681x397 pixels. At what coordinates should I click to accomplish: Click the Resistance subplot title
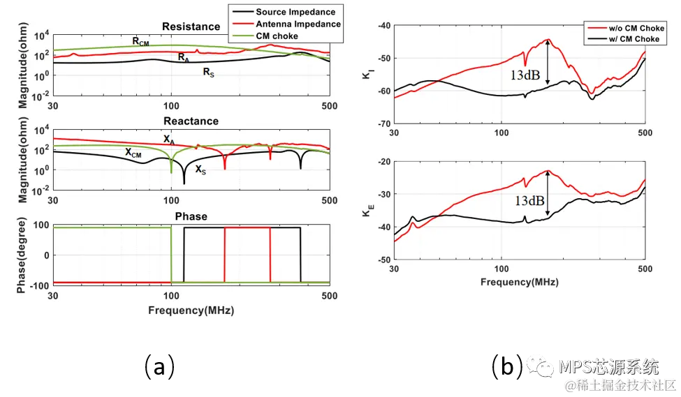(x=191, y=27)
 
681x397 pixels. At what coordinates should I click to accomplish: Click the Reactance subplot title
(x=191, y=121)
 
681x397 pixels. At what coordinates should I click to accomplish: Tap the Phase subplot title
(x=191, y=216)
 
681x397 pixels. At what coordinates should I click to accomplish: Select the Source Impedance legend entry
(x=295, y=12)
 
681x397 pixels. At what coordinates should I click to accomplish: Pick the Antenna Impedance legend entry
(x=298, y=24)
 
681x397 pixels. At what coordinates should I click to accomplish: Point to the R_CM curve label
(x=140, y=41)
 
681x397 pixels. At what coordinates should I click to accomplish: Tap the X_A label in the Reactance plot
(x=170, y=140)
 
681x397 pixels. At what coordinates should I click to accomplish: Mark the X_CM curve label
(x=133, y=152)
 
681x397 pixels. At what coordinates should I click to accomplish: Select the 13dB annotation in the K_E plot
(x=530, y=200)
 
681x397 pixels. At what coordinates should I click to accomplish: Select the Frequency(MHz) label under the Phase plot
(x=191, y=310)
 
